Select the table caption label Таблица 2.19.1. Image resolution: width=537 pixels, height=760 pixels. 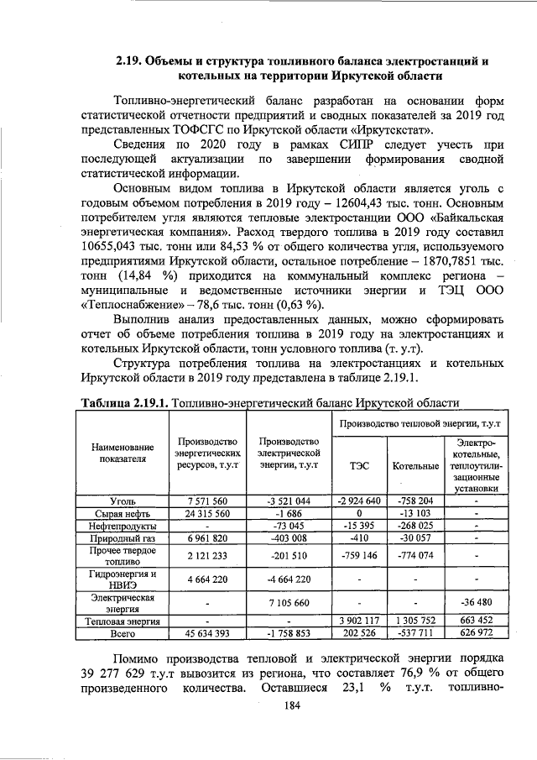coord(125,404)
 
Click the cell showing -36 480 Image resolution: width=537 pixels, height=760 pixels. coord(475,603)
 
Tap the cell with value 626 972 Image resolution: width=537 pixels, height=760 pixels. coord(475,632)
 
